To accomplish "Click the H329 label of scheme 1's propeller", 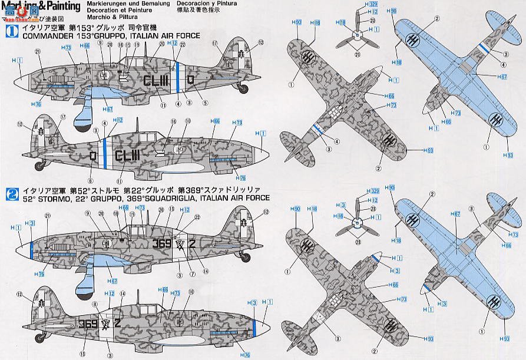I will coord(372,4).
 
